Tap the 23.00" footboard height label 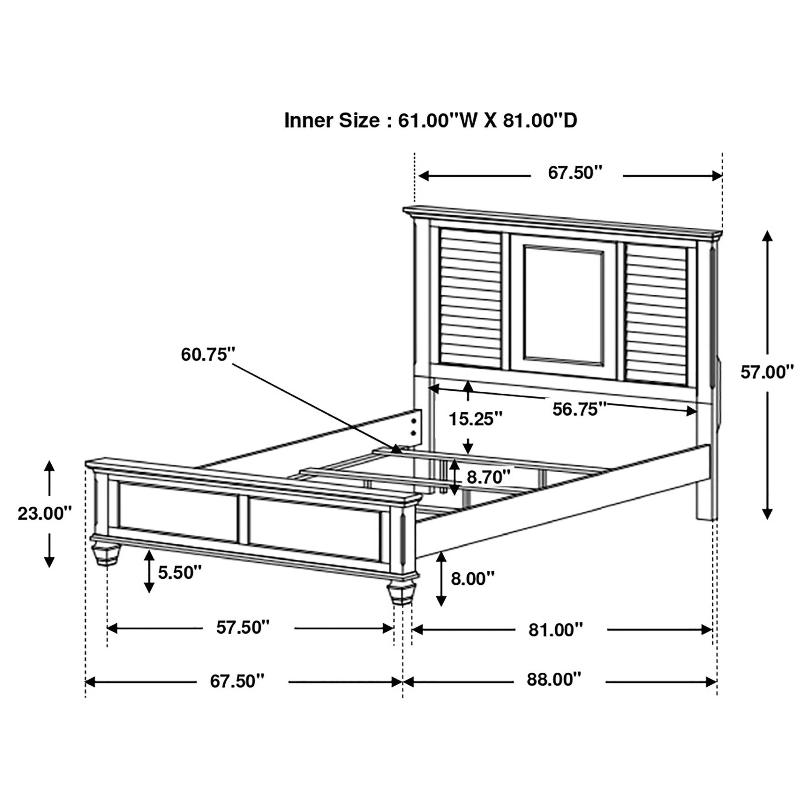44,514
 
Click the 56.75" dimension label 579,409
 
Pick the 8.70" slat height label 488,477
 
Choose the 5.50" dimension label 180,572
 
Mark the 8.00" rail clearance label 472,579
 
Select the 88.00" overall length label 553,679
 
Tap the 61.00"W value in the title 438,121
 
